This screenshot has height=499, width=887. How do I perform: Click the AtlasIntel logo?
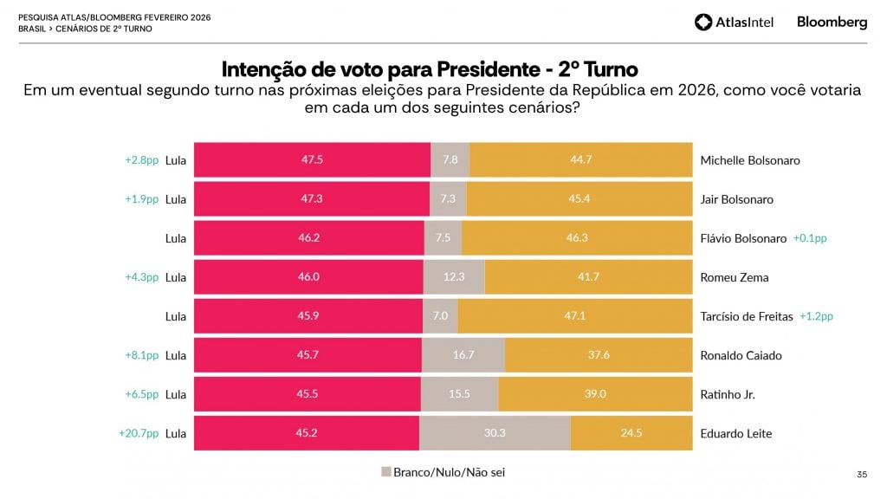[x=734, y=22]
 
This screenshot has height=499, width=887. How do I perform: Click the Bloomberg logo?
[x=832, y=22]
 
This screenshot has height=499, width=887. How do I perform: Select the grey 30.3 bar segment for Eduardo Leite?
[x=495, y=433]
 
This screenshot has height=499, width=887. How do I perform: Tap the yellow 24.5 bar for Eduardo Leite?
[x=631, y=433]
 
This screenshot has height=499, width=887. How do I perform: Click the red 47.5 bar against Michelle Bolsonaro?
[x=312, y=160]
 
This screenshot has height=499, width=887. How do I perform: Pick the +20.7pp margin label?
[x=139, y=433]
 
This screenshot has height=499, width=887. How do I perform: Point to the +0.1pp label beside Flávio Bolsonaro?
[x=810, y=238]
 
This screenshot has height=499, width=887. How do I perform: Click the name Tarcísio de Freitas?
[x=746, y=316]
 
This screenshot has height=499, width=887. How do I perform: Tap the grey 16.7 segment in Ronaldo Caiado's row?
[x=463, y=355]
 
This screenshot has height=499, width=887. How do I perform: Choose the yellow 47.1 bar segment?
[x=575, y=316]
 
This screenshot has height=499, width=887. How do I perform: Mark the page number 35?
[x=861, y=474]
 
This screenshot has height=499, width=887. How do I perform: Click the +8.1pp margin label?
[x=142, y=355]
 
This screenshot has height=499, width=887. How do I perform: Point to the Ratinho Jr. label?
[x=727, y=394]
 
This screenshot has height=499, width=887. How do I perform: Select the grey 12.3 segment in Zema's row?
[x=454, y=277]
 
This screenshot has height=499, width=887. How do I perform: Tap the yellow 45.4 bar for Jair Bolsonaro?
[x=579, y=199]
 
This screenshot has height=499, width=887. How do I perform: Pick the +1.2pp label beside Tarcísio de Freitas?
[x=816, y=316]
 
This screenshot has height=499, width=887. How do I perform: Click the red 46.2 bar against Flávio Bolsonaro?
[x=308, y=238]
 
